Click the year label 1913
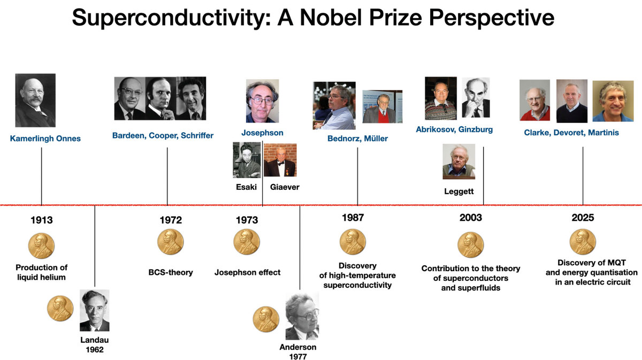pyautogui.click(x=42, y=220)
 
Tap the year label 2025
pyautogui.click(x=583, y=218)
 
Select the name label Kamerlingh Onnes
pyautogui.click(x=45, y=139)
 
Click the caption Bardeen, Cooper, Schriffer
pyautogui.click(x=163, y=135)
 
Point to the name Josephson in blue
pyautogui.click(x=262, y=133)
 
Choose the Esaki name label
pyautogui.click(x=246, y=187)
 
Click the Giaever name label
pyautogui.click(x=285, y=187)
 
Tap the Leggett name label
pyautogui.click(x=459, y=192)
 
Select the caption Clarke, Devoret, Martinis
pyautogui.click(x=571, y=133)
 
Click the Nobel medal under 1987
pyautogui.click(x=353, y=242)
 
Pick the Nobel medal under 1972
pyautogui.click(x=171, y=242)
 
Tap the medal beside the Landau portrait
pyautogui.click(x=60, y=309)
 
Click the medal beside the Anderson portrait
pyautogui.click(x=266, y=319)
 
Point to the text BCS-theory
pyautogui.click(x=171, y=272)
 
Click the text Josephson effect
pyautogui.click(x=247, y=272)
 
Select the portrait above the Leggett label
pyautogui.click(x=459, y=162)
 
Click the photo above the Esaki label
pyautogui.click(x=247, y=160)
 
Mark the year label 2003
pyautogui.click(x=471, y=218)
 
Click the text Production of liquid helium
pyautogui.click(x=42, y=272)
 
